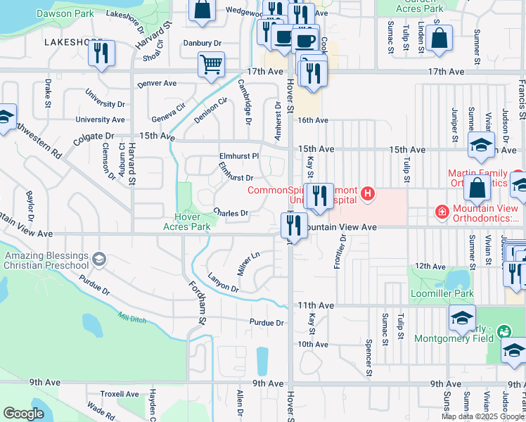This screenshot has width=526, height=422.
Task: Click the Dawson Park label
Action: [65, 13]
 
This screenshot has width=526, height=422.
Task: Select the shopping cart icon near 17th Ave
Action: [211, 65]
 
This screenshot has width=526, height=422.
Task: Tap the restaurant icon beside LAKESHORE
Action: [102, 53]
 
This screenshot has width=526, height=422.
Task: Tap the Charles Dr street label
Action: [231, 212]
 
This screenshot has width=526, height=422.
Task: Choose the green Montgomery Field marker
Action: [503, 331]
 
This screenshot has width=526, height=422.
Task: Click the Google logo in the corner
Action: [23, 414]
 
